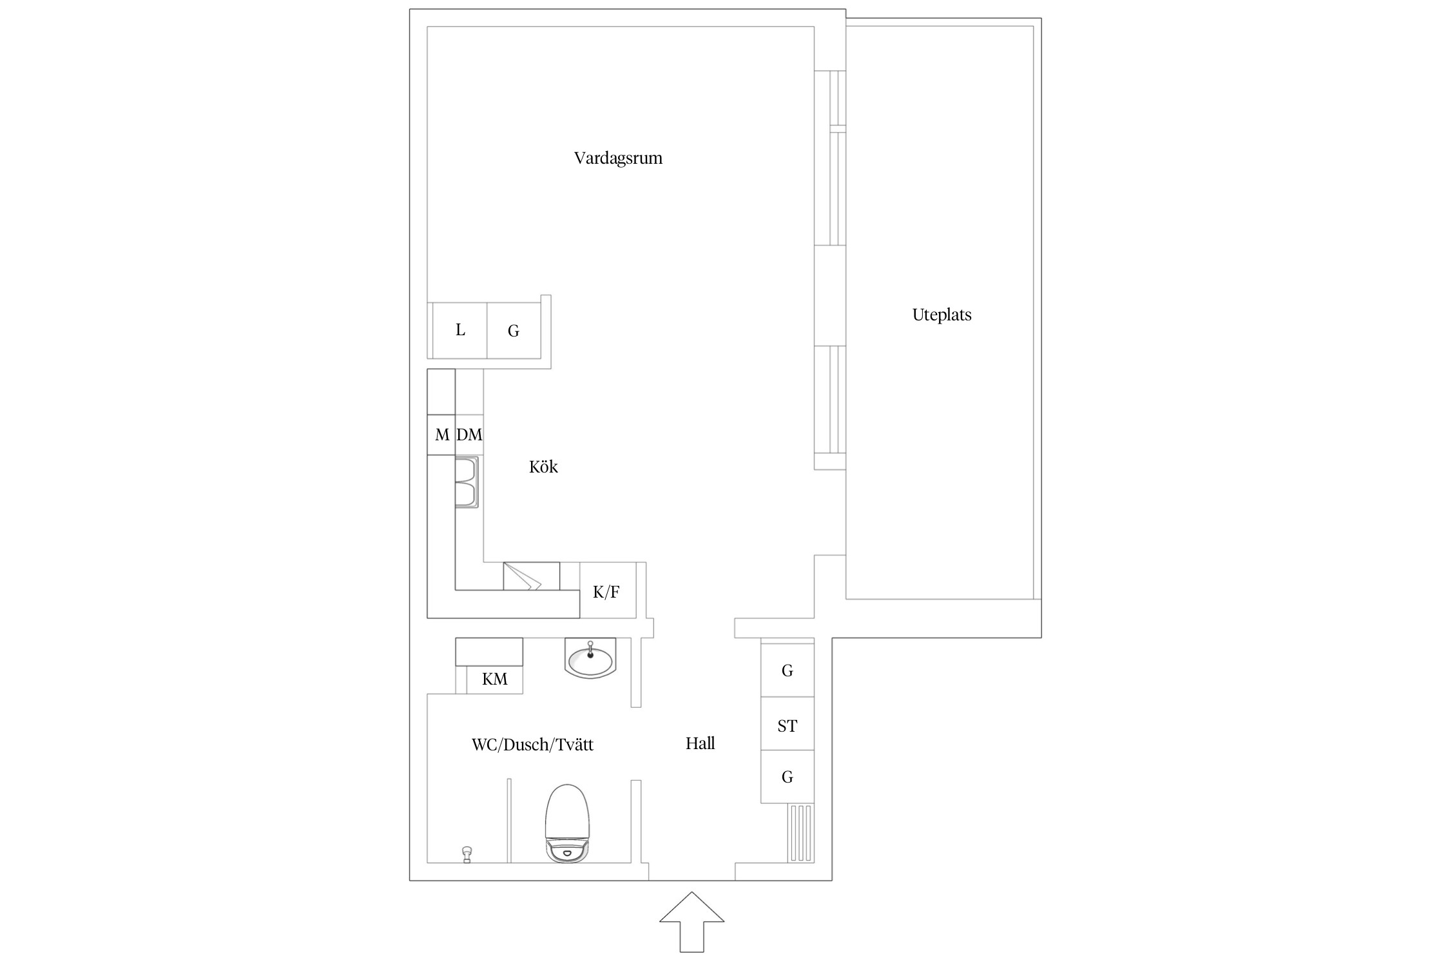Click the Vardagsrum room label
(618, 159)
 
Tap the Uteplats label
(942, 315)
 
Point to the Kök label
(543, 467)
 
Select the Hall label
(700, 743)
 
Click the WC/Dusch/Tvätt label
(532, 745)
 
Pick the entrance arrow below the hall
(691, 922)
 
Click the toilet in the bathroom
(567, 823)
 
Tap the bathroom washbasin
(590, 658)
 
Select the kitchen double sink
(467, 482)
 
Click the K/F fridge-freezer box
(608, 591)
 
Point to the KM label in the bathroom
(495, 679)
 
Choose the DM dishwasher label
(469, 435)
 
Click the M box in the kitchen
(441, 435)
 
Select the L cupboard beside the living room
(459, 330)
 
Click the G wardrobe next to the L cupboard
(514, 330)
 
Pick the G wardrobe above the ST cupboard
(788, 670)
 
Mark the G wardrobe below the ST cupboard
(788, 776)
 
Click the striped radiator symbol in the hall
(801, 832)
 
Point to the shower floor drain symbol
(467, 854)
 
